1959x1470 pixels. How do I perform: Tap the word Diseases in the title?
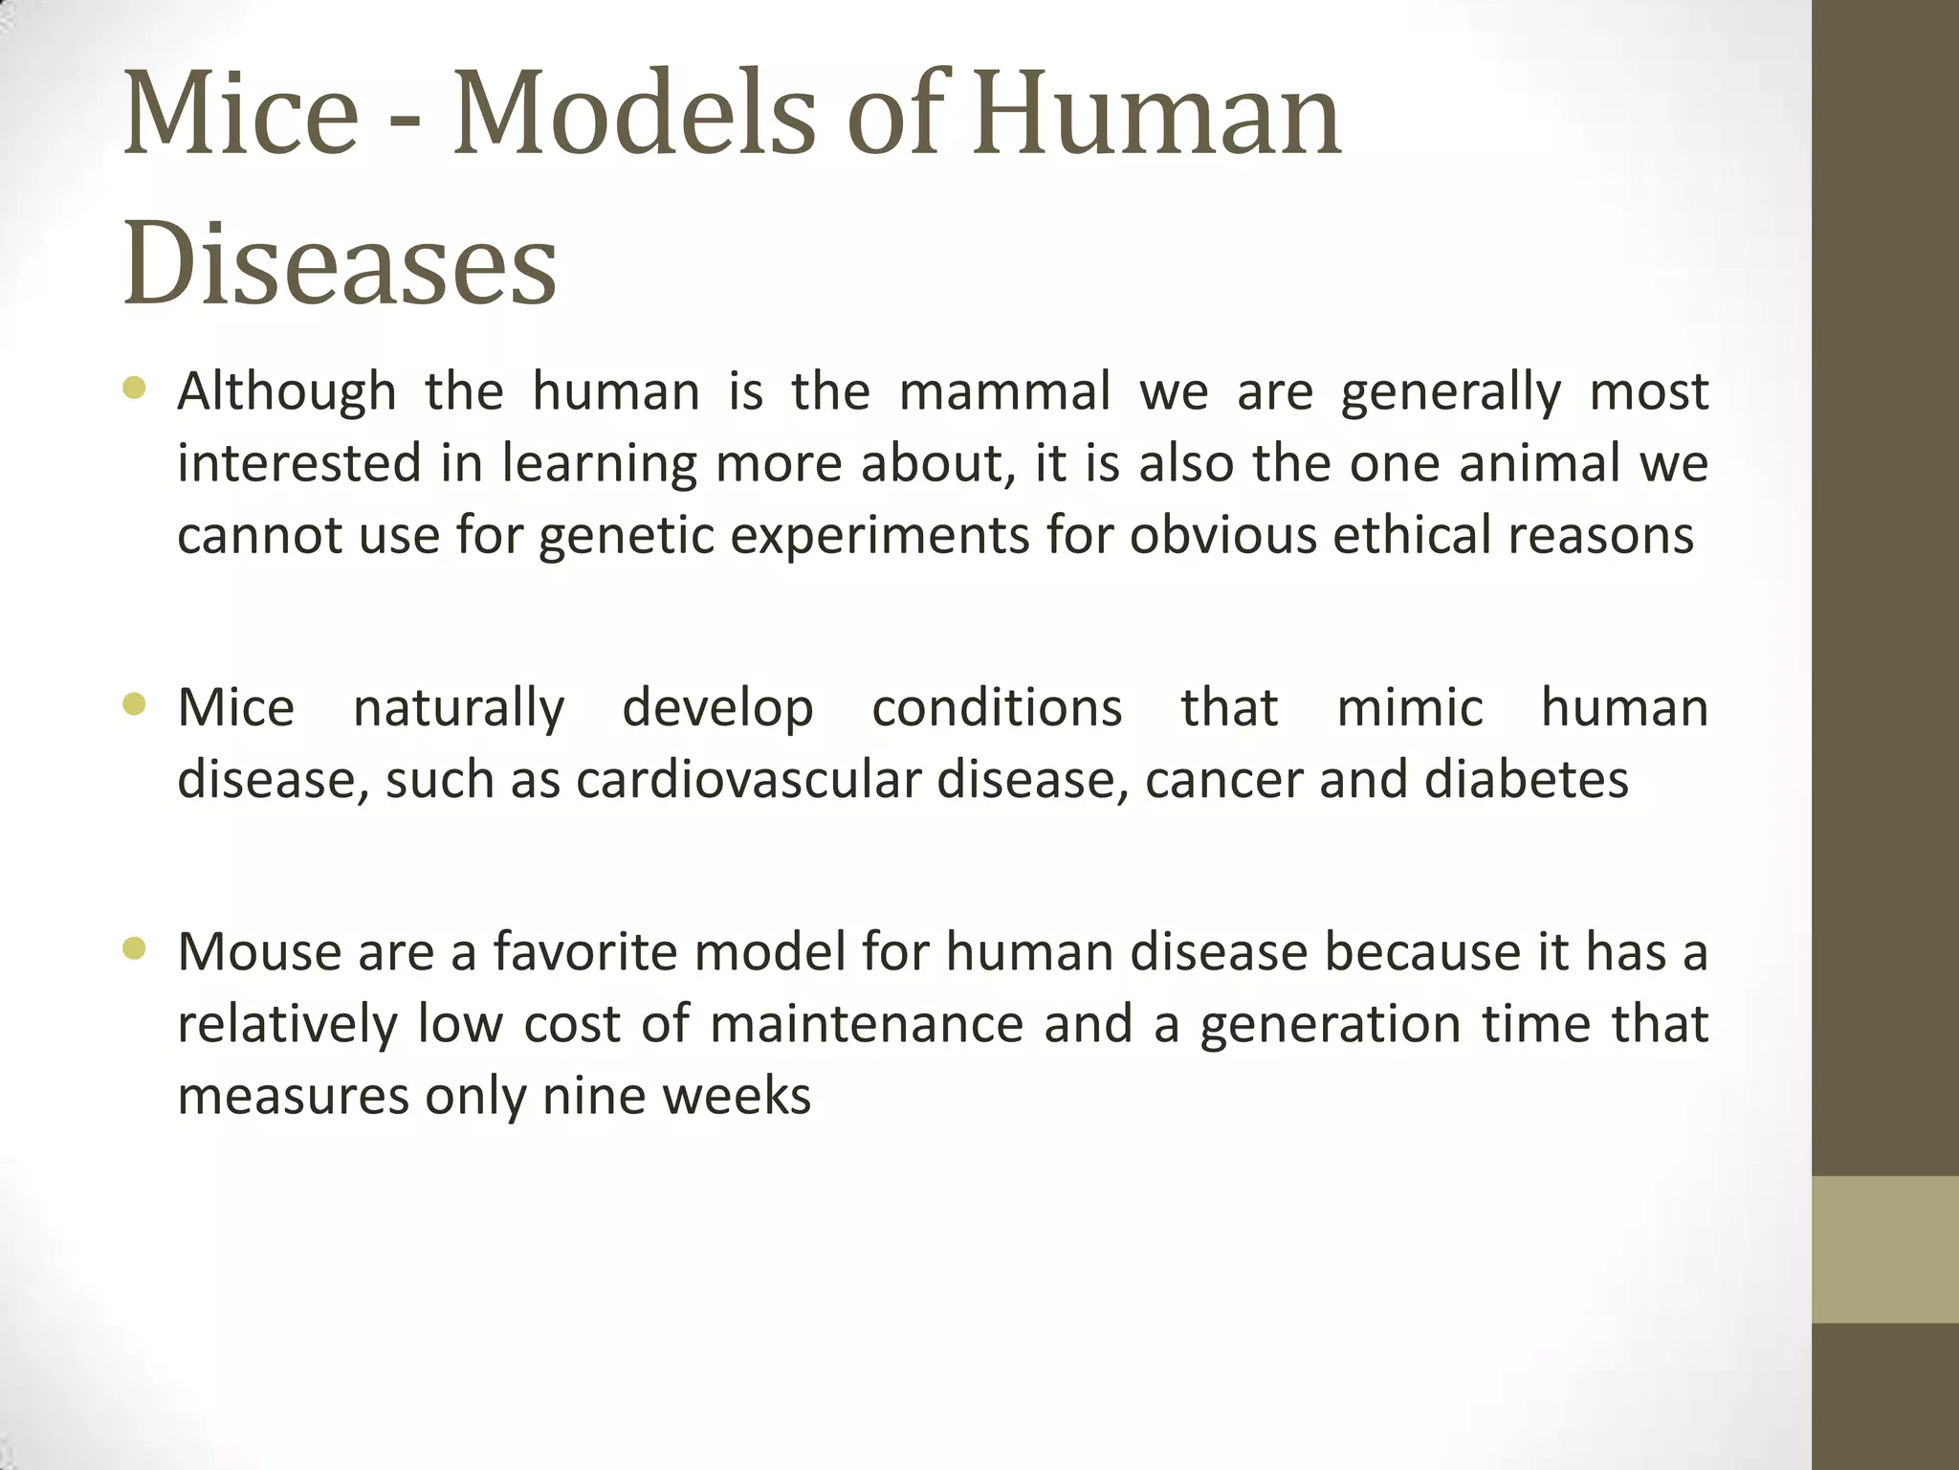pos(340,264)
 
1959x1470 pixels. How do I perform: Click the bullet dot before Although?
pos(134,389)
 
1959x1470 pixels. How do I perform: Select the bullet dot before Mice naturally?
pos(134,705)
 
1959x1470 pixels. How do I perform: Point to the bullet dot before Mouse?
pos(134,949)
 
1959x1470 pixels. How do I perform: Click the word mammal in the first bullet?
pos(1004,392)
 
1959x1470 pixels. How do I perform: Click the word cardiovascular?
pos(747,779)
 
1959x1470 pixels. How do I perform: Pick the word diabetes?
pos(1526,779)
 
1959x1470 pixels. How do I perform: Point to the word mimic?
pos(1409,708)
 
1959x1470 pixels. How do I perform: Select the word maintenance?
pos(867,1024)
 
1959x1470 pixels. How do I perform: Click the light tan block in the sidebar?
pos(1884,1249)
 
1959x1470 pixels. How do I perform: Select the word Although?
pos(287,392)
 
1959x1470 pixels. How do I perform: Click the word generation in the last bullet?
pos(1330,1026)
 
